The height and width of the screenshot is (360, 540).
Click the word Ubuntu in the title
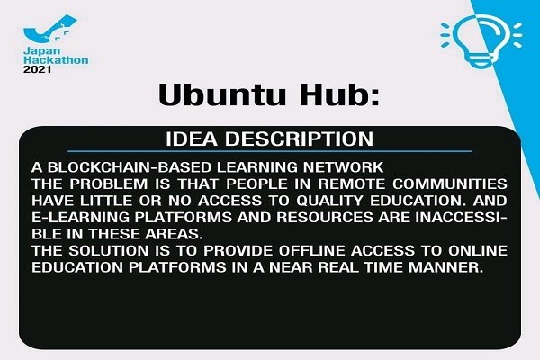pyautogui.click(x=221, y=94)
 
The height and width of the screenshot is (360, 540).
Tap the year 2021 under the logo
pyautogui.click(x=37, y=69)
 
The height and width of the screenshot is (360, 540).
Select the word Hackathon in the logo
pyautogui.click(x=56, y=60)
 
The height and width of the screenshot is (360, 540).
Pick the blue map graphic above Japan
pyautogui.click(x=50, y=29)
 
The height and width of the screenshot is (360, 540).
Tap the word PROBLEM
pyautogui.click(x=109, y=184)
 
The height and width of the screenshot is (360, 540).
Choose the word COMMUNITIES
pyautogui.click(x=450, y=184)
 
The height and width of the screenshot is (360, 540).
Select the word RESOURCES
pyautogui.click(x=325, y=218)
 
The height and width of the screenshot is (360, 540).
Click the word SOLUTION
pyautogui.click(x=109, y=250)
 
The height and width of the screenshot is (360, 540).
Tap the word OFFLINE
pyautogui.click(x=311, y=250)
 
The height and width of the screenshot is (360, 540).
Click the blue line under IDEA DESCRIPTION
pyautogui.click(x=270, y=151)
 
